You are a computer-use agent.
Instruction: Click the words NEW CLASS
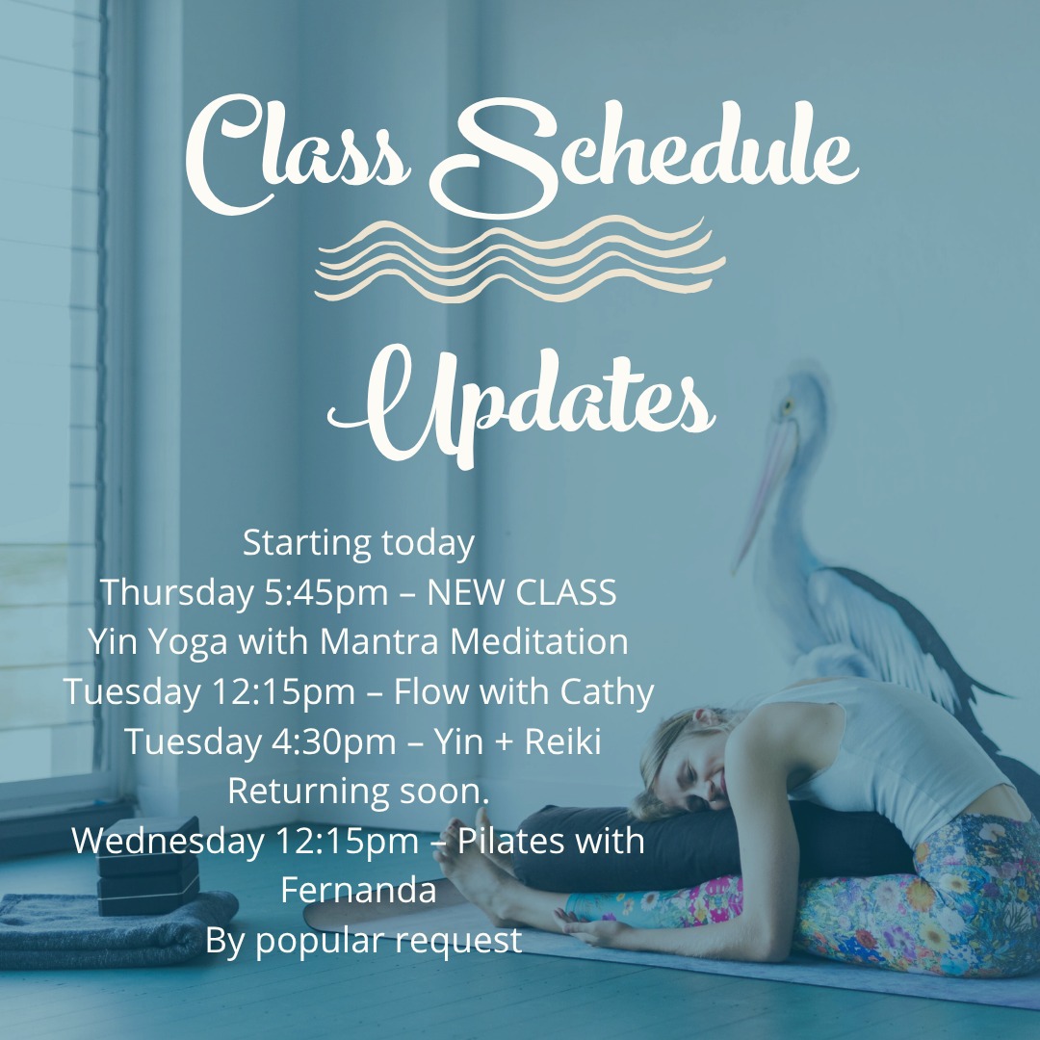[521, 593]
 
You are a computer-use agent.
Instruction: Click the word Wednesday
[166, 841]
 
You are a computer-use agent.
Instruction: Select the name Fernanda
[358, 890]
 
